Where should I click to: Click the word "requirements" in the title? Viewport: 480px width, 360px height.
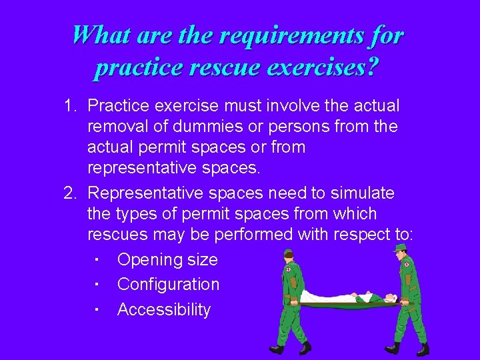[285, 35]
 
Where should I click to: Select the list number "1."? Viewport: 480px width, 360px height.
[72, 105]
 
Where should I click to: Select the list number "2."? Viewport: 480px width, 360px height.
[72, 193]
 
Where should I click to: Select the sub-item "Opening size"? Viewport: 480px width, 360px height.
[167, 259]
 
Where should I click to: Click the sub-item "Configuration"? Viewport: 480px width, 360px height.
[168, 284]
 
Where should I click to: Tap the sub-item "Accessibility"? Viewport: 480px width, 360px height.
[163, 309]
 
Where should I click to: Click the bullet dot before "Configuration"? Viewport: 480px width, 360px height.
[97, 285]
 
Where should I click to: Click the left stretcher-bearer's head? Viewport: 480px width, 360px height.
[288, 259]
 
